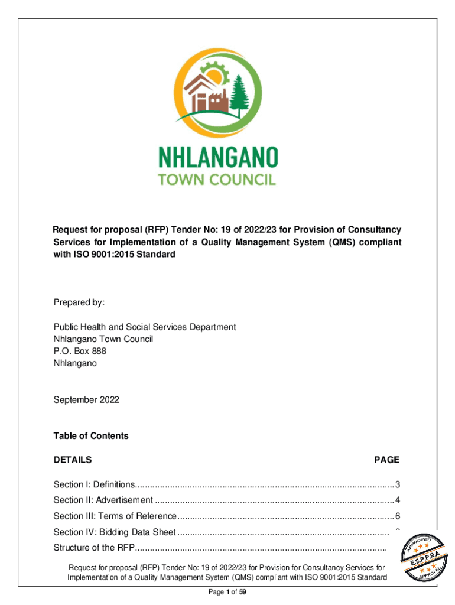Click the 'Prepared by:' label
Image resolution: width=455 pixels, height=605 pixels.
(79, 302)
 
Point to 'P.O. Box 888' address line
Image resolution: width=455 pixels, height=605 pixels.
(80, 351)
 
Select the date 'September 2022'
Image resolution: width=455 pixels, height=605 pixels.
(86, 400)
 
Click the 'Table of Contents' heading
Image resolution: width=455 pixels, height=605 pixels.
(91, 436)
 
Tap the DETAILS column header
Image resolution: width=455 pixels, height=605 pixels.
(73, 460)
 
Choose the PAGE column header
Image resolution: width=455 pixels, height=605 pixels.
(386, 460)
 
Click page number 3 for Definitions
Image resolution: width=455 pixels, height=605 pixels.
(398, 485)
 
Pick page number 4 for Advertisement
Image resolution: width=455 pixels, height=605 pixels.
(398, 500)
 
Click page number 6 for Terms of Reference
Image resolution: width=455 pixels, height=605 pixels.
(398, 516)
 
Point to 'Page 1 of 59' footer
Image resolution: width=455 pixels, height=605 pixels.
(227, 593)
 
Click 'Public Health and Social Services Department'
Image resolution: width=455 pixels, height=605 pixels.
(145, 327)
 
